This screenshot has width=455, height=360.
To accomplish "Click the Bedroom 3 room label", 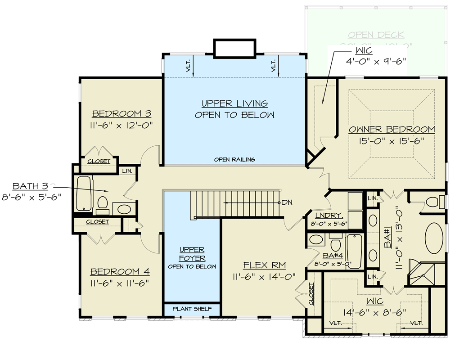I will (x=122, y=113).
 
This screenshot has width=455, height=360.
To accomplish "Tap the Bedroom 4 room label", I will (x=120, y=272).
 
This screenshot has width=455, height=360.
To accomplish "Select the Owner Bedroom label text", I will (x=392, y=130).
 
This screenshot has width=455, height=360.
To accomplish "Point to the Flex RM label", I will (x=264, y=265).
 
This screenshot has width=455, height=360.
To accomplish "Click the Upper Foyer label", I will (x=192, y=254).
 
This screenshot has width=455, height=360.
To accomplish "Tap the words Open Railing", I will (x=234, y=159).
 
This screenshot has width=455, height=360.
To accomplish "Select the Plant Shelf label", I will (x=192, y=310).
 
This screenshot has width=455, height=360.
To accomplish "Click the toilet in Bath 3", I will (x=103, y=202).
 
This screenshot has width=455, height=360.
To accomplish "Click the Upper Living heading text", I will (x=234, y=103).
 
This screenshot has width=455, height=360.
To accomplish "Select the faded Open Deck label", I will (x=376, y=35).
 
